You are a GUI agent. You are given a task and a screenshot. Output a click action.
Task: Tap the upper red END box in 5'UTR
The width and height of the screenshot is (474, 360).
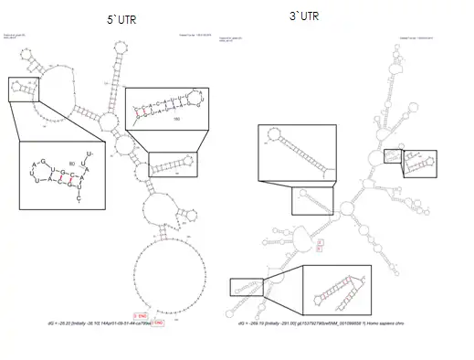click(x=141, y=316)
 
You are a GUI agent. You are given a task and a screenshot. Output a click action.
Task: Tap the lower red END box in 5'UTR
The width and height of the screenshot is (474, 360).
click(x=158, y=323)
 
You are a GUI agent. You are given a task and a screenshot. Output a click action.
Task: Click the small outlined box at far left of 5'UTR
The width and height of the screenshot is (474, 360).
click(x=23, y=89)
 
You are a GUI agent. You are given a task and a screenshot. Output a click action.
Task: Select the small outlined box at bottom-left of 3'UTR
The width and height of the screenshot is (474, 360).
click(x=246, y=288)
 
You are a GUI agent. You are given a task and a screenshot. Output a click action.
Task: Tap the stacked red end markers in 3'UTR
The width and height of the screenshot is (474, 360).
click(x=319, y=245)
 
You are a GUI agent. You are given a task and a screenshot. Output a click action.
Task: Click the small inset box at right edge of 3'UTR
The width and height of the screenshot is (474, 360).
click(x=393, y=160)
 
